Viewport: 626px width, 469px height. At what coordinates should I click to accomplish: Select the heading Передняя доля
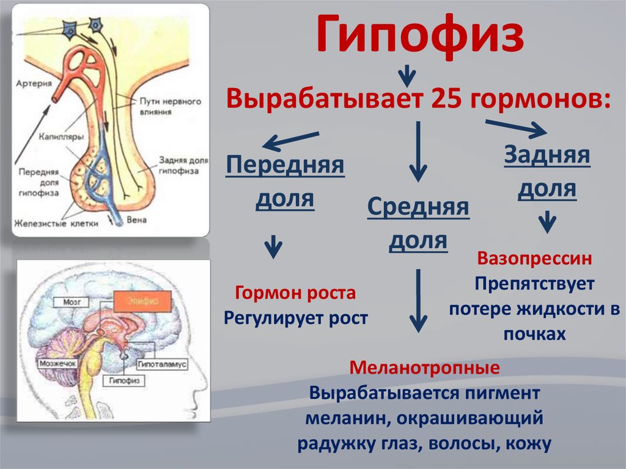[285, 182]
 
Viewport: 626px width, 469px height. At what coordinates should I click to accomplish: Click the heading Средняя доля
[418, 224]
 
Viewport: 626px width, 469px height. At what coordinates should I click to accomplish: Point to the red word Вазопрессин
[534, 259]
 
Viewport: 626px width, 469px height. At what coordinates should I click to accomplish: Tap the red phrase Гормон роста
[295, 294]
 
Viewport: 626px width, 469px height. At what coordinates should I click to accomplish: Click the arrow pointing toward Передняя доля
[291, 141]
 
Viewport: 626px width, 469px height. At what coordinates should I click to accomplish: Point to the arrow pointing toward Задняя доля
[516, 128]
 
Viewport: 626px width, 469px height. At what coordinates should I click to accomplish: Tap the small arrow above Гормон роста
[273, 248]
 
